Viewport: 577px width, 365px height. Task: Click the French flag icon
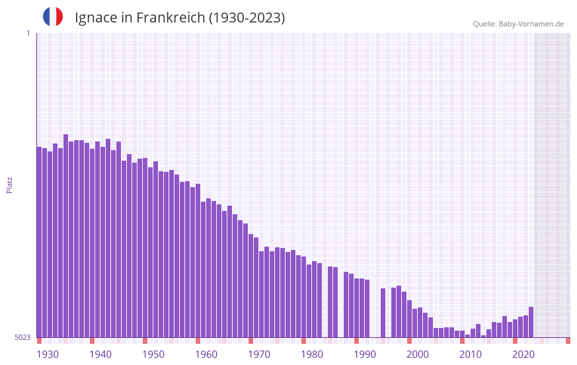coord(53,17)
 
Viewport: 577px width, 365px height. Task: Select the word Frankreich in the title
coord(171,18)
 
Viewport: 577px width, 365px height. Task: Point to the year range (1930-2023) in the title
coord(247,18)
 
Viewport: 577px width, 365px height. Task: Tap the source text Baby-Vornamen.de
coord(531,24)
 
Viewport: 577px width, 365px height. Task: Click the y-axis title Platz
coord(9,184)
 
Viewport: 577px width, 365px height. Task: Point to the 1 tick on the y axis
coord(28,33)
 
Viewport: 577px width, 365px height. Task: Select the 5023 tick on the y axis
coord(22,337)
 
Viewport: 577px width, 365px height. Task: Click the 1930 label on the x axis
coord(48,354)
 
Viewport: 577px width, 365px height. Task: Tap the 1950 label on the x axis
coord(153,354)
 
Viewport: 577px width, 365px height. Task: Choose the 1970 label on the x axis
coord(259,354)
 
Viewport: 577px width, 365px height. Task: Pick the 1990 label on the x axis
coord(365,354)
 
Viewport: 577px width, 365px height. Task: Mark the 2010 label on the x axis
coord(471,354)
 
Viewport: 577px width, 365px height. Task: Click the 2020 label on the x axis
coord(523,354)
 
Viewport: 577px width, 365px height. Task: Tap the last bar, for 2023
coord(531,322)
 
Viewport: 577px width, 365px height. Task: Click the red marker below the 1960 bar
coord(198,341)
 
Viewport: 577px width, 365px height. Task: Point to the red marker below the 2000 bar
coord(409,341)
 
